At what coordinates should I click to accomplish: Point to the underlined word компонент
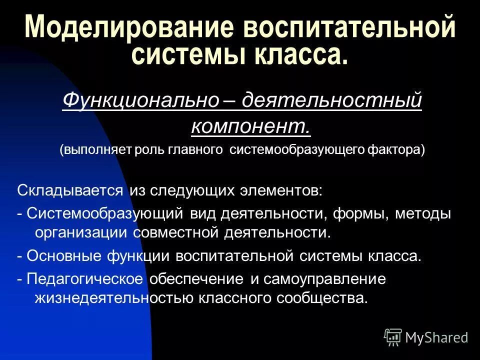pos(250,126)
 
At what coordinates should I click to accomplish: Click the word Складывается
pos(70,190)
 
